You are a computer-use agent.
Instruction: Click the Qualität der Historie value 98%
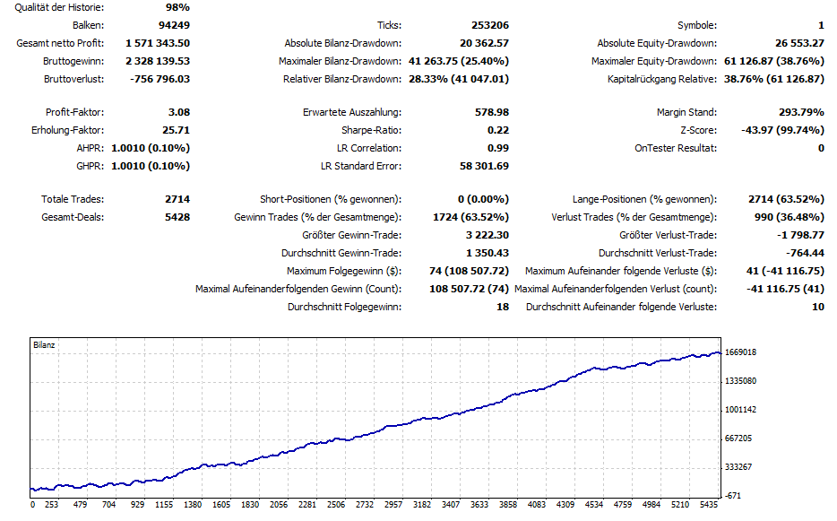(x=177, y=8)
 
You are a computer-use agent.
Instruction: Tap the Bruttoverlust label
(x=73, y=79)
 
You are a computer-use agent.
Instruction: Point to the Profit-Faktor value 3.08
(x=177, y=112)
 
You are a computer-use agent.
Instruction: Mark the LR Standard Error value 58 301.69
(x=484, y=166)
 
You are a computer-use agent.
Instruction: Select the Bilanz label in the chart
(x=44, y=345)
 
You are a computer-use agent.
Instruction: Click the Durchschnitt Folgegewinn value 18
(x=502, y=307)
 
